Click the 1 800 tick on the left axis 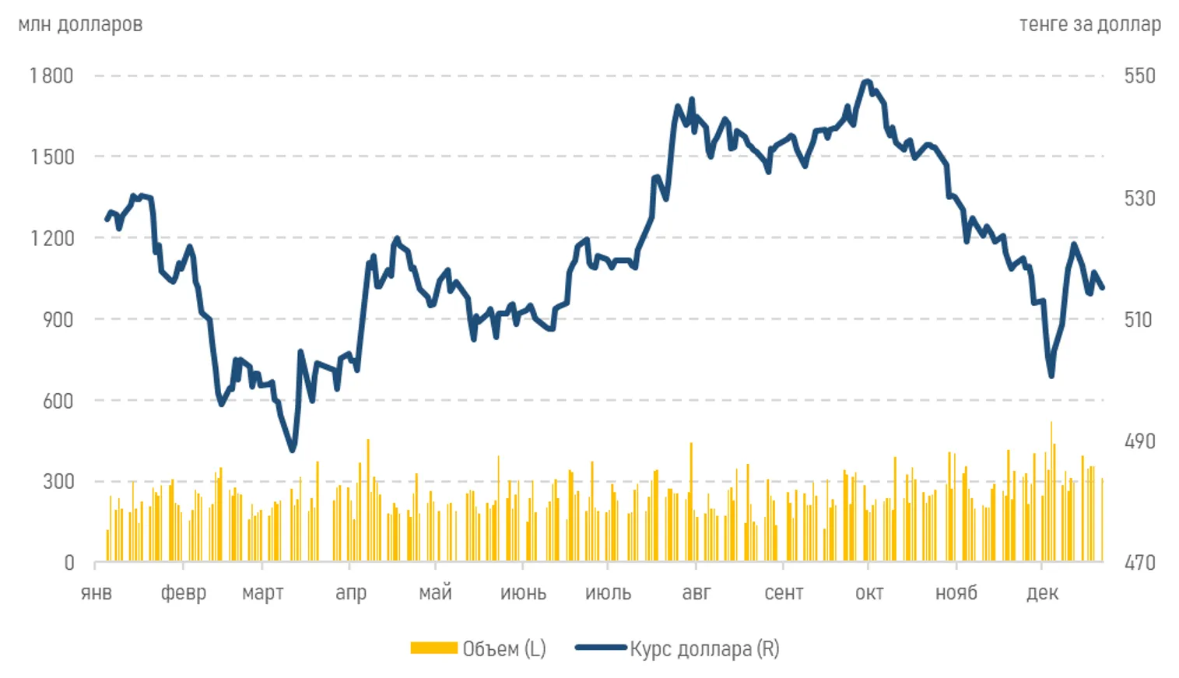click(51, 76)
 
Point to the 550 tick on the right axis click(1139, 76)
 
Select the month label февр click(184, 593)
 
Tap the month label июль click(608, 593)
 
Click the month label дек click(1042, 593)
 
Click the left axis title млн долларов click(80, 24)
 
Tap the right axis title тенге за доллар click(1090, 24)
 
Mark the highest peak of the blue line click(867, 81)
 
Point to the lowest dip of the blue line click(293, 450)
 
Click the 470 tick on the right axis click(1139, 562)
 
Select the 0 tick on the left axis click(69, 562)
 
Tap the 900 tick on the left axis click(58, 319)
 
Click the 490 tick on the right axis click(1139, 441)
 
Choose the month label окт click(869, 593)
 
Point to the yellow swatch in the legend click(433, 648)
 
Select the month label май click(435, 593)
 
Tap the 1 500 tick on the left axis click(51, 156)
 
